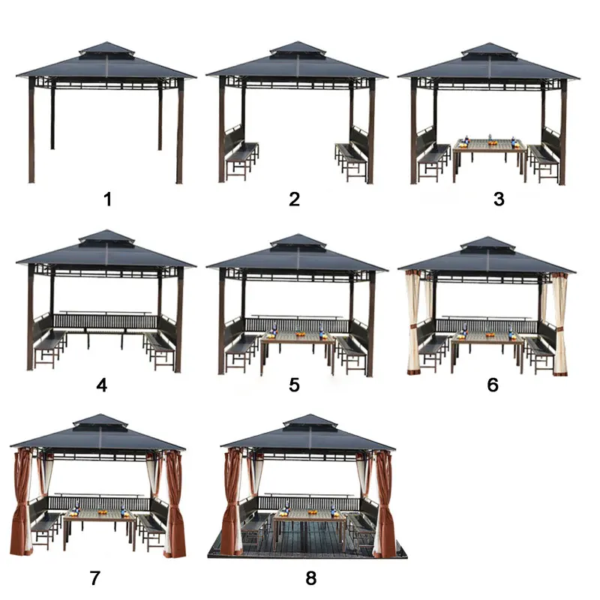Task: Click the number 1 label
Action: pyautogui.click(x=108, y=199)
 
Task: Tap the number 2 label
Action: pyautogui.click(x=294, y=199)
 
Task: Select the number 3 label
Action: pyautogui.click(x=499, y=199)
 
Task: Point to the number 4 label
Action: pyautogui.click(x=102, y=385)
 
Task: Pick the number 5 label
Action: pyautogui.click(x=294, y=385)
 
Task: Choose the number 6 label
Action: pyautogui.click(x=493, y=385)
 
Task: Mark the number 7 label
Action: pyautogui.click(x=95, y=577)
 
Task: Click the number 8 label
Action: pyautogui.click(x=311, y=577)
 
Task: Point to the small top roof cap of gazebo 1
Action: pyautogui.click(x=106, y=49)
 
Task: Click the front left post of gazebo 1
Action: pyautogui.click(x=31, y=130)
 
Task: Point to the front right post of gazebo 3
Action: pyautogui.click(x=562, y=132)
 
